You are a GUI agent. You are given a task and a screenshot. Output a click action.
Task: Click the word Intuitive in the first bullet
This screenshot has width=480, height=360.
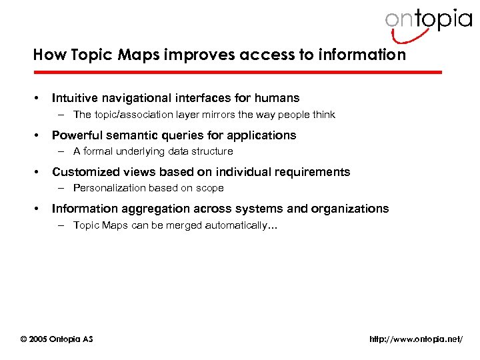pyautogui.click(x=77, y=98)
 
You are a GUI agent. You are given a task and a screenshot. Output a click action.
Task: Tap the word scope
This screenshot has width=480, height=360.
pyautogui.click(x=210, y=188)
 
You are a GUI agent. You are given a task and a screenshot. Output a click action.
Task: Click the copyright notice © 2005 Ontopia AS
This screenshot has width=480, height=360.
pyautogui.click(x=57, y=339)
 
